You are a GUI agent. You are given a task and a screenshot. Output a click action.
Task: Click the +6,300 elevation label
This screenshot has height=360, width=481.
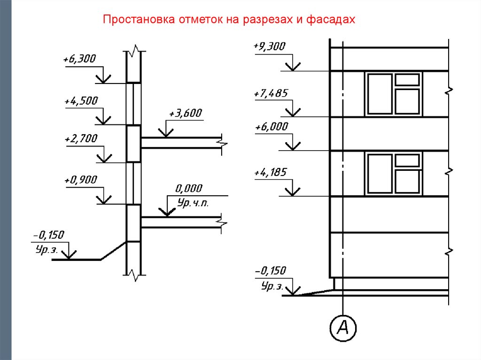pos(79,59)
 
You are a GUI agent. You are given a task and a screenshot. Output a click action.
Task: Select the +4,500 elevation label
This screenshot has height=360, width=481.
pos(79,101)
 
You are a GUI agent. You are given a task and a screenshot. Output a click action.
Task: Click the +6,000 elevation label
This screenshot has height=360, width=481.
pos(270,127)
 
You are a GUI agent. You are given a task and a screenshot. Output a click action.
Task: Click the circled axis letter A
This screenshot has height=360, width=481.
pos(343,328)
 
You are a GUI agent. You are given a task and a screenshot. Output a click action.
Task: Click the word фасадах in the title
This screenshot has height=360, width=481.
pos(334,20)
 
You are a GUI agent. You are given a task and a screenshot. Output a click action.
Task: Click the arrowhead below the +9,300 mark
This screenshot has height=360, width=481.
pos(293,67)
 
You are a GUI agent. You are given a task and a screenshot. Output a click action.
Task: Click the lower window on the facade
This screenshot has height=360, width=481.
pos(394,173)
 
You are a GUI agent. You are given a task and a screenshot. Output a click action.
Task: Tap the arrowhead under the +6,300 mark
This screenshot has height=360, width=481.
pos(103,79)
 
